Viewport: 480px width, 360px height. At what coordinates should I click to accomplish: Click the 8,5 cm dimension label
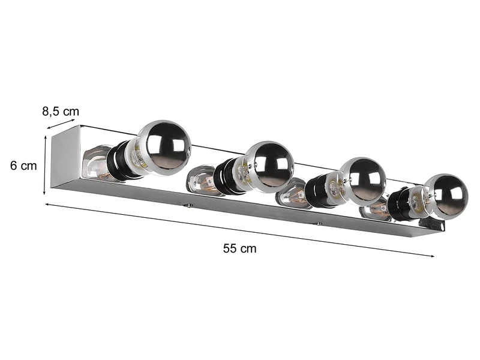pyautogui.click(x=60, y=112)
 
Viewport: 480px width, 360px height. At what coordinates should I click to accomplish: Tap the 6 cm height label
pyautogui.click(x=23, y=166)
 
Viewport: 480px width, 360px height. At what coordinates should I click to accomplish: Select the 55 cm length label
pyautogui.click(x=239, y=248)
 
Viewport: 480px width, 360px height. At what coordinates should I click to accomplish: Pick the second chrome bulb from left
pyautogui.click(x=270, y=164)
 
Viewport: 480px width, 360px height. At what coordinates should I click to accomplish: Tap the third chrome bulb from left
pyautogui.click(x=362, y=181)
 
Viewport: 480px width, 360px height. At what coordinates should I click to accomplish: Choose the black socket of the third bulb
pyautogui.click(x=318, y=191)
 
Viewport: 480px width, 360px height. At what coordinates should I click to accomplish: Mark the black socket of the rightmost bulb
pyautogui.click(x=398, y=205)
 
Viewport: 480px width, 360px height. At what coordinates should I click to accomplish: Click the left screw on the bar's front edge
pyautogui.click(x=189, y=205)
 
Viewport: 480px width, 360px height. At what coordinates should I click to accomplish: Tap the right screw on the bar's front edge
pyautogui.click(x=318, y=224)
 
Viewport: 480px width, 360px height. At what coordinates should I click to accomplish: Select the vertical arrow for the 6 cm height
pyautogui.click(x=44, y=165)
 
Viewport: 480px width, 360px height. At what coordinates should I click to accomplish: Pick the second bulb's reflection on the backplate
pyautogui.click(x=200, y=179)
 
